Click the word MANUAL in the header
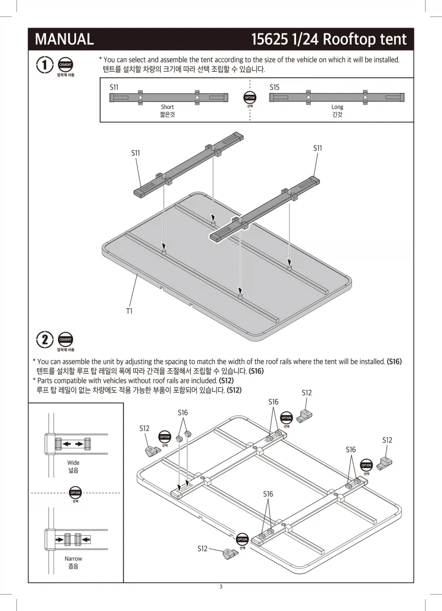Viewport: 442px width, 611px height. (64, 39)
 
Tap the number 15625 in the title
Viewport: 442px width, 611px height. (269, 39)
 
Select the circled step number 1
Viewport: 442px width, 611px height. (44, 65)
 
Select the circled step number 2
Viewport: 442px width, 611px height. (44, 340)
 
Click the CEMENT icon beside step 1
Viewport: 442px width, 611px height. (65, 65)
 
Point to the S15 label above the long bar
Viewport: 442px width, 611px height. (275, 87)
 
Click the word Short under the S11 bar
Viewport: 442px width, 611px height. (167, 107)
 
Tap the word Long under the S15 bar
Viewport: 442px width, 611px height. (337, 107)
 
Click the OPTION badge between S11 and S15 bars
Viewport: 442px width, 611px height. (249, 97)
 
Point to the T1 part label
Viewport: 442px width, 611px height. (129, 311)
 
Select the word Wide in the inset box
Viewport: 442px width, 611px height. (73, 463)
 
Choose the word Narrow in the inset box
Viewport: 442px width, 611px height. (73, 558)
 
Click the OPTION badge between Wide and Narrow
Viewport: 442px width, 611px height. (75, 493)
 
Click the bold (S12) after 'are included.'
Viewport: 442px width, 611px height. (226, 380)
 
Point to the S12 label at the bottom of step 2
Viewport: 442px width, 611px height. (202, 549)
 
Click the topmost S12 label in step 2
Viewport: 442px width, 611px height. (306, 393)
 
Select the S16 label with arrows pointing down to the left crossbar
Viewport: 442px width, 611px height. (183, 413)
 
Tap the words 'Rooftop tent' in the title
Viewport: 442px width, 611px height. (364, 39)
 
